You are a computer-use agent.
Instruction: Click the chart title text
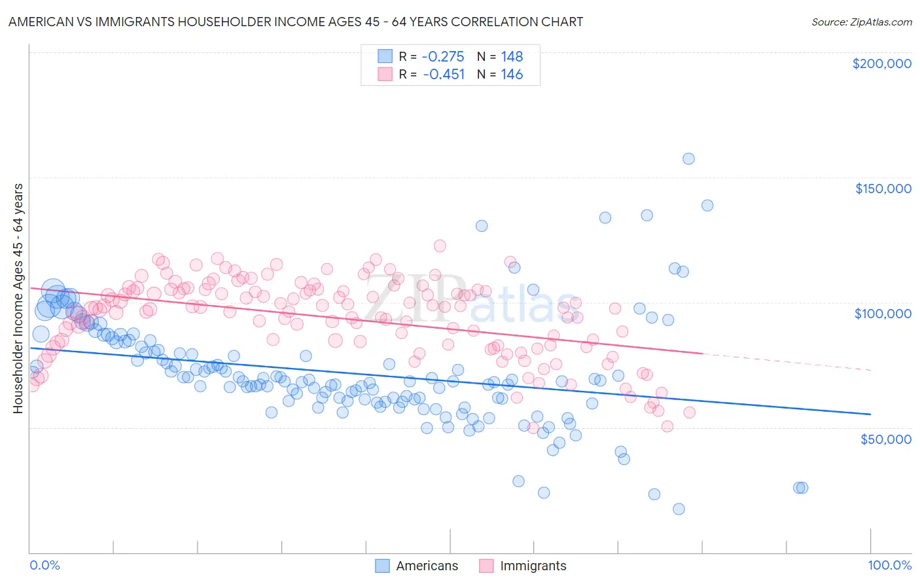[295, 22]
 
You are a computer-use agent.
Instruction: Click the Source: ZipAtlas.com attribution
[861, 22]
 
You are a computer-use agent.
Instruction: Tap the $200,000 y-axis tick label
[881, 64]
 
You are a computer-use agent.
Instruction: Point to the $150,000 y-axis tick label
[883, 189]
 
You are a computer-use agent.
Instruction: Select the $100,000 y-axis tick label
[883, 314]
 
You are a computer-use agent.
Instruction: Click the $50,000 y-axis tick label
[885, 439]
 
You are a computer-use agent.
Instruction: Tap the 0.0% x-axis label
[44, 565]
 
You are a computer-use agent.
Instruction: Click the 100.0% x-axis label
[889, 565]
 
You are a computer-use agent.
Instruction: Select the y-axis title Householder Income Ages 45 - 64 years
[18, 299]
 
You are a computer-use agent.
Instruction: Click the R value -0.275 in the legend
[443, 57]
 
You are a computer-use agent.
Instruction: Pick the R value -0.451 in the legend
[443, 75]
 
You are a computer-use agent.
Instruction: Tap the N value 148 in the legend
[512, 57]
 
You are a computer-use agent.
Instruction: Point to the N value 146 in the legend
[512, 75]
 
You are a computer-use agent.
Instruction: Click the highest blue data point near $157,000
[688, 158]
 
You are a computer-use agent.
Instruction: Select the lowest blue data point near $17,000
[679, 509]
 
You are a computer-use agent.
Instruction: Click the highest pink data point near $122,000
[440, 246]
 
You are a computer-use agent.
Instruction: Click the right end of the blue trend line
[870, 414]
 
